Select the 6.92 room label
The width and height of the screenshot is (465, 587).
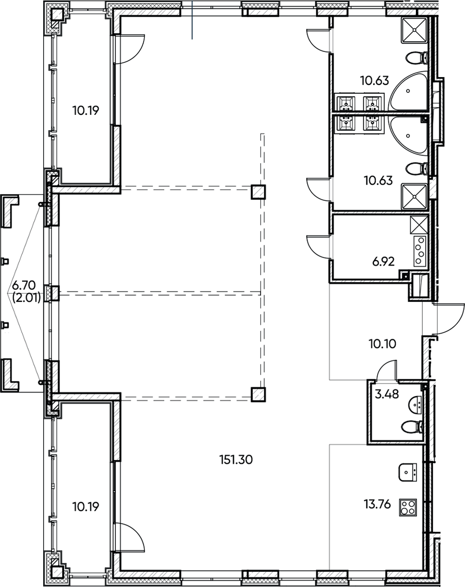coord(384,262)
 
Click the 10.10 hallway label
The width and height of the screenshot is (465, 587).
coord(382,343)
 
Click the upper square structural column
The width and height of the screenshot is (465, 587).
coord(258,192)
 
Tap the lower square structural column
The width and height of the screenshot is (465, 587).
coord(258,394)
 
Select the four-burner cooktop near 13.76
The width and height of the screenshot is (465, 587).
coord(408,506)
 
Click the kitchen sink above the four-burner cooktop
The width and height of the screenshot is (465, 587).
coord(408,472)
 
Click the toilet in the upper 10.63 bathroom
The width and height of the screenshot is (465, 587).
coord(415,58)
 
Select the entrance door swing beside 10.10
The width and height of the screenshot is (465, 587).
coord(447,319)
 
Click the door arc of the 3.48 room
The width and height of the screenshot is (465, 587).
coord(387,370)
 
